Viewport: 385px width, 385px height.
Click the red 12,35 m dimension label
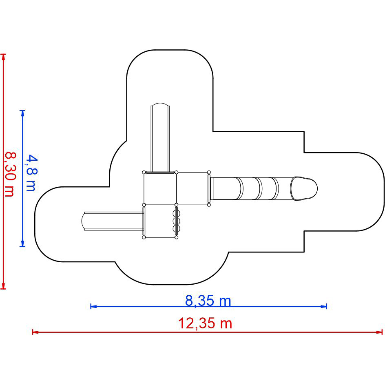(205, 323)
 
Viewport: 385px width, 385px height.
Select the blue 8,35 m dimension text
(208, 301)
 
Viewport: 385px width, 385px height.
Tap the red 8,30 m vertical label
(11, 174)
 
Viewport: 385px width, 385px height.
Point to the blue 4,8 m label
(31, 173)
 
